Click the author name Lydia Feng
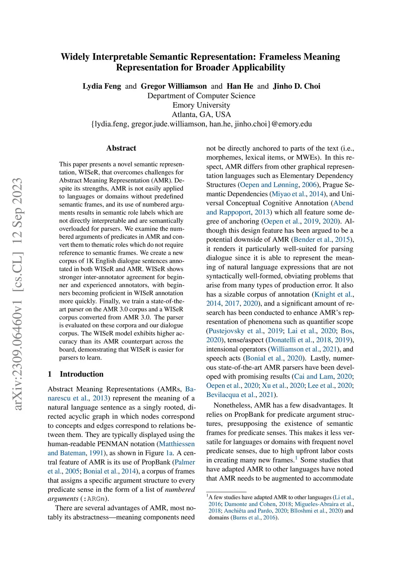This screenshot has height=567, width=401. (x=102, y=86)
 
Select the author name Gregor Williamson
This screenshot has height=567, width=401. (x=173, y=86)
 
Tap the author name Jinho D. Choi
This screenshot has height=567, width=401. (x=296, y=86)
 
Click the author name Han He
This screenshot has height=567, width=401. (x=240, y=86)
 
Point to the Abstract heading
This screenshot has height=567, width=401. (x=121, y=148)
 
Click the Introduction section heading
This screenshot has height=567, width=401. (x=81, y=374)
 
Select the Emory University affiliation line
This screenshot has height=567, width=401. (x=201, y=105)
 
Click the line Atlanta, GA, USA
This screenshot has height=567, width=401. (x=201, y=114)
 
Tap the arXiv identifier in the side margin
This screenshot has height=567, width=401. (x=18, y=294)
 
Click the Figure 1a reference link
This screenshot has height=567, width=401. (x=169, y=453)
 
